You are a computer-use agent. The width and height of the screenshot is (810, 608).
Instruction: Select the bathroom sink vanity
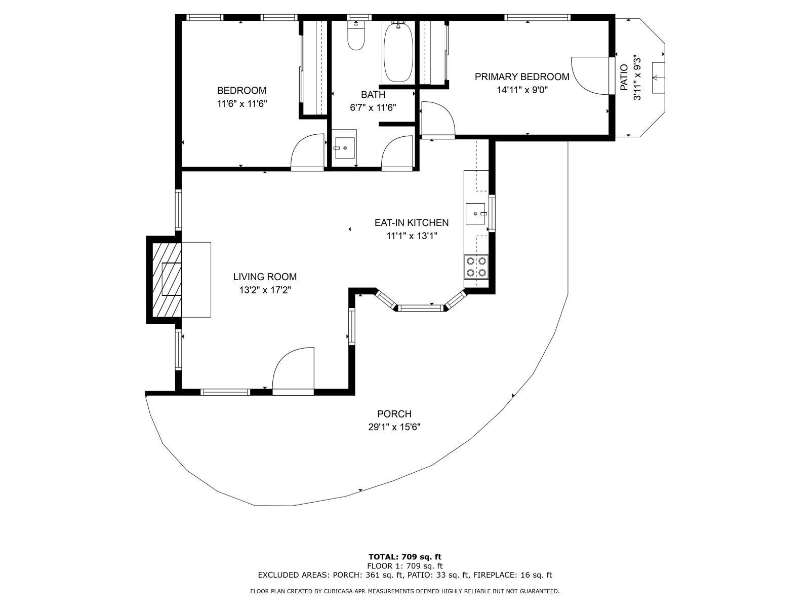344,147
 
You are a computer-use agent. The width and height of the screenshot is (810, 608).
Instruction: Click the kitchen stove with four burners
476,267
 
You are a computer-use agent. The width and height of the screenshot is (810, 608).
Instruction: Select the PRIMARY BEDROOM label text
522,77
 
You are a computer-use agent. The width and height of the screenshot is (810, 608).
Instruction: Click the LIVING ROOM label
265,277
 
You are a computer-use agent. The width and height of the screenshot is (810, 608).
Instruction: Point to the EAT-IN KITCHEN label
411,222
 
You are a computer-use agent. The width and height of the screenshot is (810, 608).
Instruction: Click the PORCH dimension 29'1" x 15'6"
394,427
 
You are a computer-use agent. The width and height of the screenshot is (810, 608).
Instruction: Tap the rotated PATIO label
624,78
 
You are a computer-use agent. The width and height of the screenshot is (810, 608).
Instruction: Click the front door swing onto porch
294,370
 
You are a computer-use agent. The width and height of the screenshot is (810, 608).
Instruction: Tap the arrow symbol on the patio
658,78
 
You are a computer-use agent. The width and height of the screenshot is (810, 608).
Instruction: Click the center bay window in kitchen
421,307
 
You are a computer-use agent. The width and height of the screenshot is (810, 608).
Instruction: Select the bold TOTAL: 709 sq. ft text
405,557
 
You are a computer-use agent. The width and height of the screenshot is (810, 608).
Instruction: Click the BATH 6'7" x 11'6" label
373,101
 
